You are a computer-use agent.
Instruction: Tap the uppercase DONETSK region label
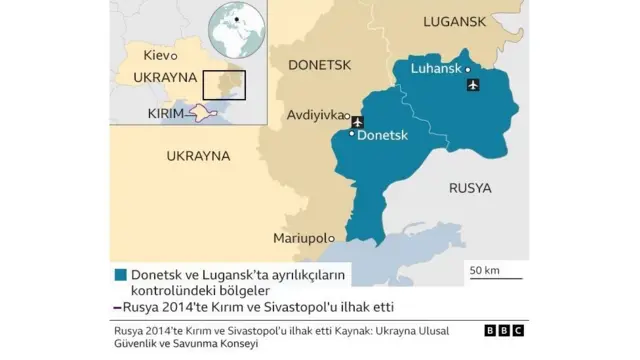coord(321,65)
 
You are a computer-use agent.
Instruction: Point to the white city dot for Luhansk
coord(468,70)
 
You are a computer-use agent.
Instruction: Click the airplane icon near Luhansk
coord(473,85)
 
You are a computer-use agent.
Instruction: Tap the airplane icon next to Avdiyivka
coord(356,121)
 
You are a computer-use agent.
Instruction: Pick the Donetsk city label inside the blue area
coord(383,133)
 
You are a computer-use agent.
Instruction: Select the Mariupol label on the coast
coord(302,238)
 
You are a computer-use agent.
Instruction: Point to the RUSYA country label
coord(470,188)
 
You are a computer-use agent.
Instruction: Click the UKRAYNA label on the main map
coord(198,157)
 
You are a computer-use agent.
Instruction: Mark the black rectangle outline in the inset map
coord(224,84)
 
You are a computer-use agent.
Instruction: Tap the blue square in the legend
coord(120,274)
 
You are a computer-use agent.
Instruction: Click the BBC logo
coord(504,331)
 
